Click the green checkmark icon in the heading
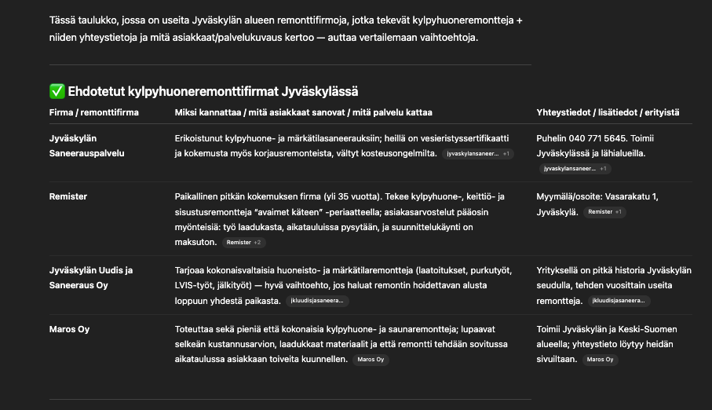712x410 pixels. coord(56,92)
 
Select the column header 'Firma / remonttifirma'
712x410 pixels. coord(93,113)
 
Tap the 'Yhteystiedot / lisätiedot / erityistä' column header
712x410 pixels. coord(608,113)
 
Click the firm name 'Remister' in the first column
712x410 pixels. coord(68,196)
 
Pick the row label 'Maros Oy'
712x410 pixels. coord(70,329)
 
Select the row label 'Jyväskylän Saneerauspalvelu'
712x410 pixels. coord(86,145)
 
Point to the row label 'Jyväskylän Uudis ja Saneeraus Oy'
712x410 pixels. coord(90,277)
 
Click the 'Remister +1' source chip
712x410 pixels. coord(604,212)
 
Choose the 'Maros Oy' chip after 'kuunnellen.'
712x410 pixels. coord(370,360)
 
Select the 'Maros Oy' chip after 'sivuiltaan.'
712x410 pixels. coord(600,360)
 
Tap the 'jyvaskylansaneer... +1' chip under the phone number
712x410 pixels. coord(575,168)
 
